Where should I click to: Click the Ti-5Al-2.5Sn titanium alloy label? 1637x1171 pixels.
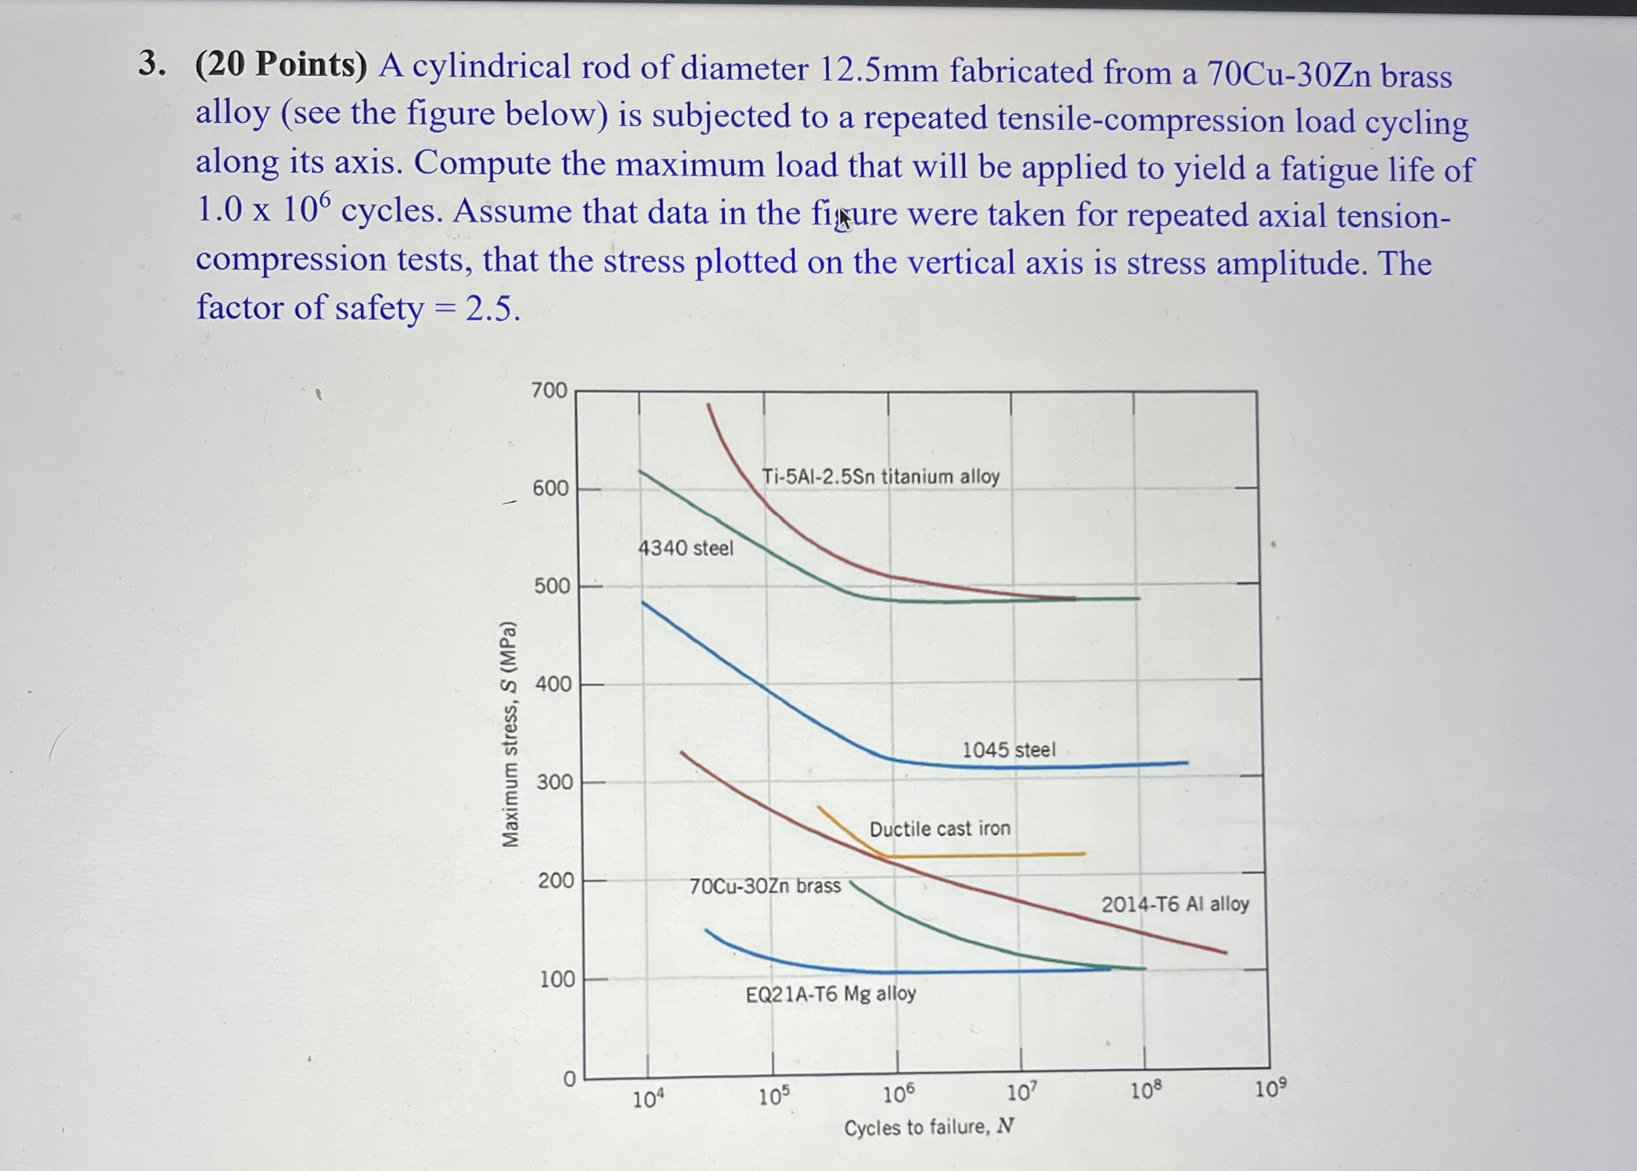(x=880, y=477)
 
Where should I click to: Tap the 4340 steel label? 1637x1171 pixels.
(x=685, y=549)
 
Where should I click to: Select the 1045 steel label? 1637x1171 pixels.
(x=1008, y=750)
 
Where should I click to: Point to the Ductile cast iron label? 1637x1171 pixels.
(x=940, y=829)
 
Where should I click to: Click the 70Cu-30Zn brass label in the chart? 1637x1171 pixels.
(x=765, y=886)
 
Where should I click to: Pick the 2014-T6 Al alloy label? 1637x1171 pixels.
(x=1175, y=904)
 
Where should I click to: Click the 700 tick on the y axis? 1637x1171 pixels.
(x=550, y=391)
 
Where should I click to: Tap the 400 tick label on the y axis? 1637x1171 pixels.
(x=553, y=684)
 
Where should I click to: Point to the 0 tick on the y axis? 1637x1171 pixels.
(x=570, y=1079)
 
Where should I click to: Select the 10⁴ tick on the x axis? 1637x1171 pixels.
(x=648, y=1100)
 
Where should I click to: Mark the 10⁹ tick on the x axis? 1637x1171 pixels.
(x=1270, y=1089)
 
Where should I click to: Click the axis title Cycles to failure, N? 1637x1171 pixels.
(x=929, y=1127)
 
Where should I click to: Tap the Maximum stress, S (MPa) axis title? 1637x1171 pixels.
(x=510, y=733)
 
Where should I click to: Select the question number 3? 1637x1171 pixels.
(x=150, y=64)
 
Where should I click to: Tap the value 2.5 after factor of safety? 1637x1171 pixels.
(x=491, y=309)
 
